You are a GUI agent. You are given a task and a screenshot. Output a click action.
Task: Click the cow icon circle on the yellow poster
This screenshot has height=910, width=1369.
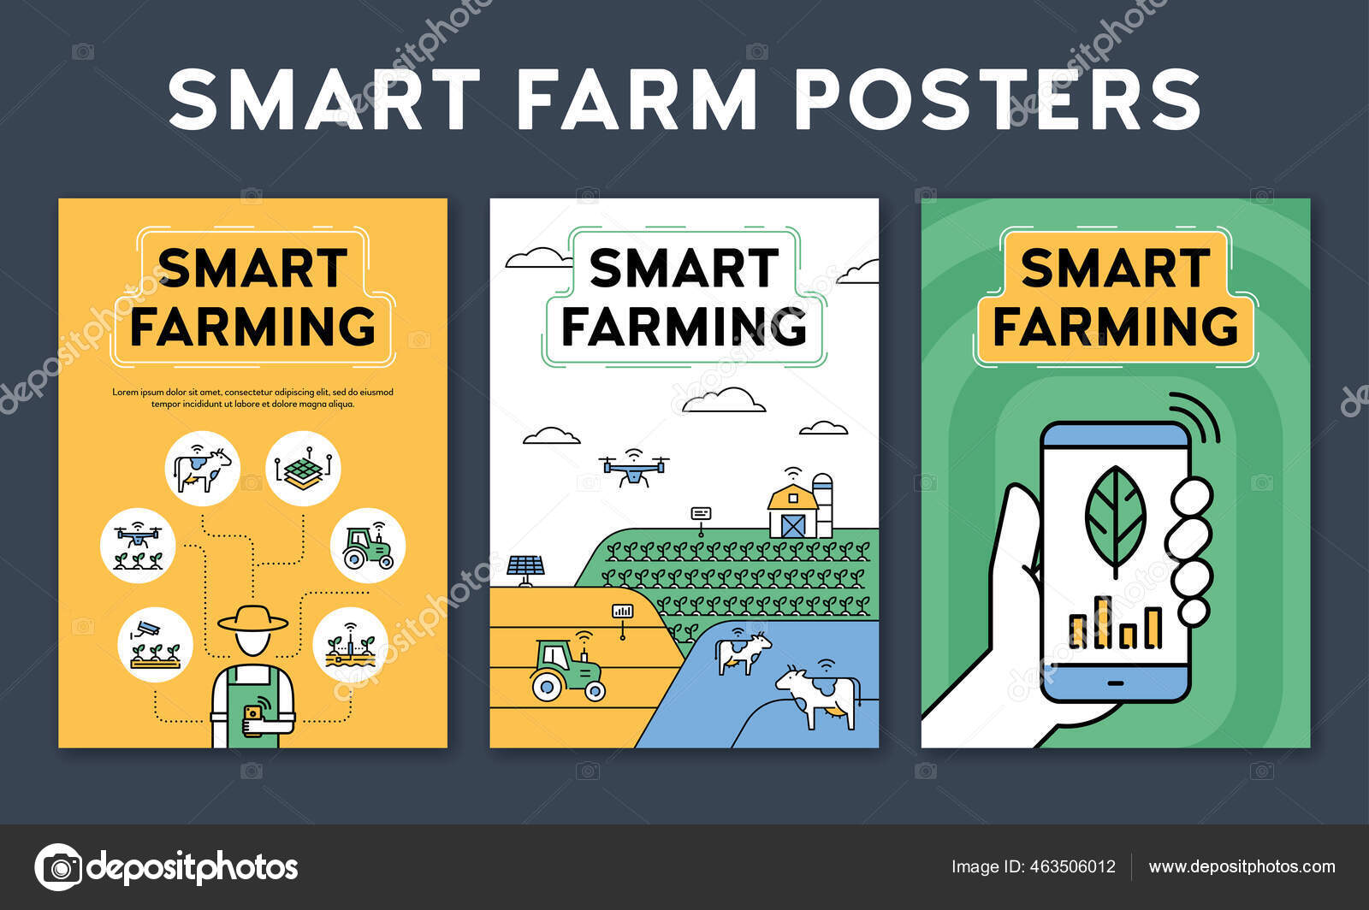click(203, 468)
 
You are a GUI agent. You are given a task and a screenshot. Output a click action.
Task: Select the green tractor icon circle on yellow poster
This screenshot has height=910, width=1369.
click(368, 546)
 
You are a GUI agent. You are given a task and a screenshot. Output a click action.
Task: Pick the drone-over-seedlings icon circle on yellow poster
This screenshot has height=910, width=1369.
click(138, 546)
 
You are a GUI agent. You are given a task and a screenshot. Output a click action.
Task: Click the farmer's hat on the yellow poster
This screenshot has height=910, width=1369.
click(252, 619)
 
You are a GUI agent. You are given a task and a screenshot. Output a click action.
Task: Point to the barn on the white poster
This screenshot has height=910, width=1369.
click(792, 511)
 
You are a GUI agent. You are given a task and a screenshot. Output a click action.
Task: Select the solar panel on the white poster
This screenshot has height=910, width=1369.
click(525, 567)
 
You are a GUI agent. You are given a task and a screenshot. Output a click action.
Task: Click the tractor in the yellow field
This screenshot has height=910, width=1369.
click(566, 671)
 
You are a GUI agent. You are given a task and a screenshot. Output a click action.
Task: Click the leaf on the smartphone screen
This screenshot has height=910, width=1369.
click(1115, 517)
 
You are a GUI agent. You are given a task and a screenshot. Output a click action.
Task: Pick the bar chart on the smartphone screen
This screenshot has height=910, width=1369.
click(1116, 623)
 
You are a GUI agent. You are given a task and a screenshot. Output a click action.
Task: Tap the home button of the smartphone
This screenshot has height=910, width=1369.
click(1115, 682)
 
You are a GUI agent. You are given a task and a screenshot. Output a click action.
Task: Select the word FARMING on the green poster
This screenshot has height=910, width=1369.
click(1115, 326)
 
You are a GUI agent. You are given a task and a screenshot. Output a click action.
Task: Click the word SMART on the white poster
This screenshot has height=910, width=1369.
click(684, 269)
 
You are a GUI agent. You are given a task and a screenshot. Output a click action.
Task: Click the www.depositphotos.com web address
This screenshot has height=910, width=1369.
click(1242, 866)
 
